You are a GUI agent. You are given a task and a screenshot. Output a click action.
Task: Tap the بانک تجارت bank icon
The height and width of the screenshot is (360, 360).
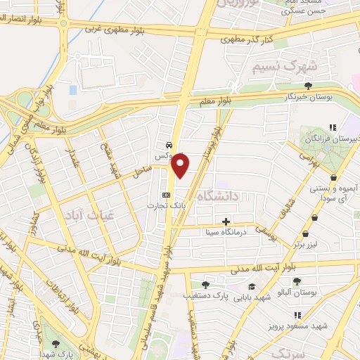click(x=167, y=195)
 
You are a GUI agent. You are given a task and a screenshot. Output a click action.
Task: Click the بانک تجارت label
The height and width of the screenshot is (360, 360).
click(x=160, y=205)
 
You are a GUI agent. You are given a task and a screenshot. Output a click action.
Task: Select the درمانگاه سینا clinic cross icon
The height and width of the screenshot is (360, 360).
click(x=226, y=221)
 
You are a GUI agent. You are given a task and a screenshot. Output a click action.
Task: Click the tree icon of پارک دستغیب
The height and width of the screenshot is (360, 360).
click(x=205, y=285)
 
